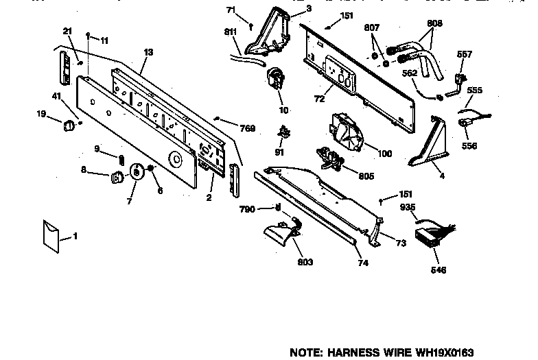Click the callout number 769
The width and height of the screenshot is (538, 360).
[247, 128]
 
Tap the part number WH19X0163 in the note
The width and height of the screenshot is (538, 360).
[445, 352]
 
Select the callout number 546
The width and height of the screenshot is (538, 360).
[438, 270]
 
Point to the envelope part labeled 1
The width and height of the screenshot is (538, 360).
[51, 237]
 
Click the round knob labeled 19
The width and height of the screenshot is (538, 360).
[69, 126]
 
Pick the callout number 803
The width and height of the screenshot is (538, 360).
[305, 262]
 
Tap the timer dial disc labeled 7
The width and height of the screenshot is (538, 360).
[136, 171]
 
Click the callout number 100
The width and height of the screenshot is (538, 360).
[384, 154]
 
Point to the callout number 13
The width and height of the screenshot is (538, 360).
[148, 52]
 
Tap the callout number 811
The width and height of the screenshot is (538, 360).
[231, 32]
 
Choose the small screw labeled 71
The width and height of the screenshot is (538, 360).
[251, 26]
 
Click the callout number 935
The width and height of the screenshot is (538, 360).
[408, 207]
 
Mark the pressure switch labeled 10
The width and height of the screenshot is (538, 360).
[276, 79]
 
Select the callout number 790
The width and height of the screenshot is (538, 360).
[247, 209]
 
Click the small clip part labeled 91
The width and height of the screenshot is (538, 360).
[284, 132]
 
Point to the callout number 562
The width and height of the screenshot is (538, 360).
[410, 73]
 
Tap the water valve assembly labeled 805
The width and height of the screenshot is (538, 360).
[329, 158]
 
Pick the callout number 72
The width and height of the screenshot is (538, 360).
[319, 99]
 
